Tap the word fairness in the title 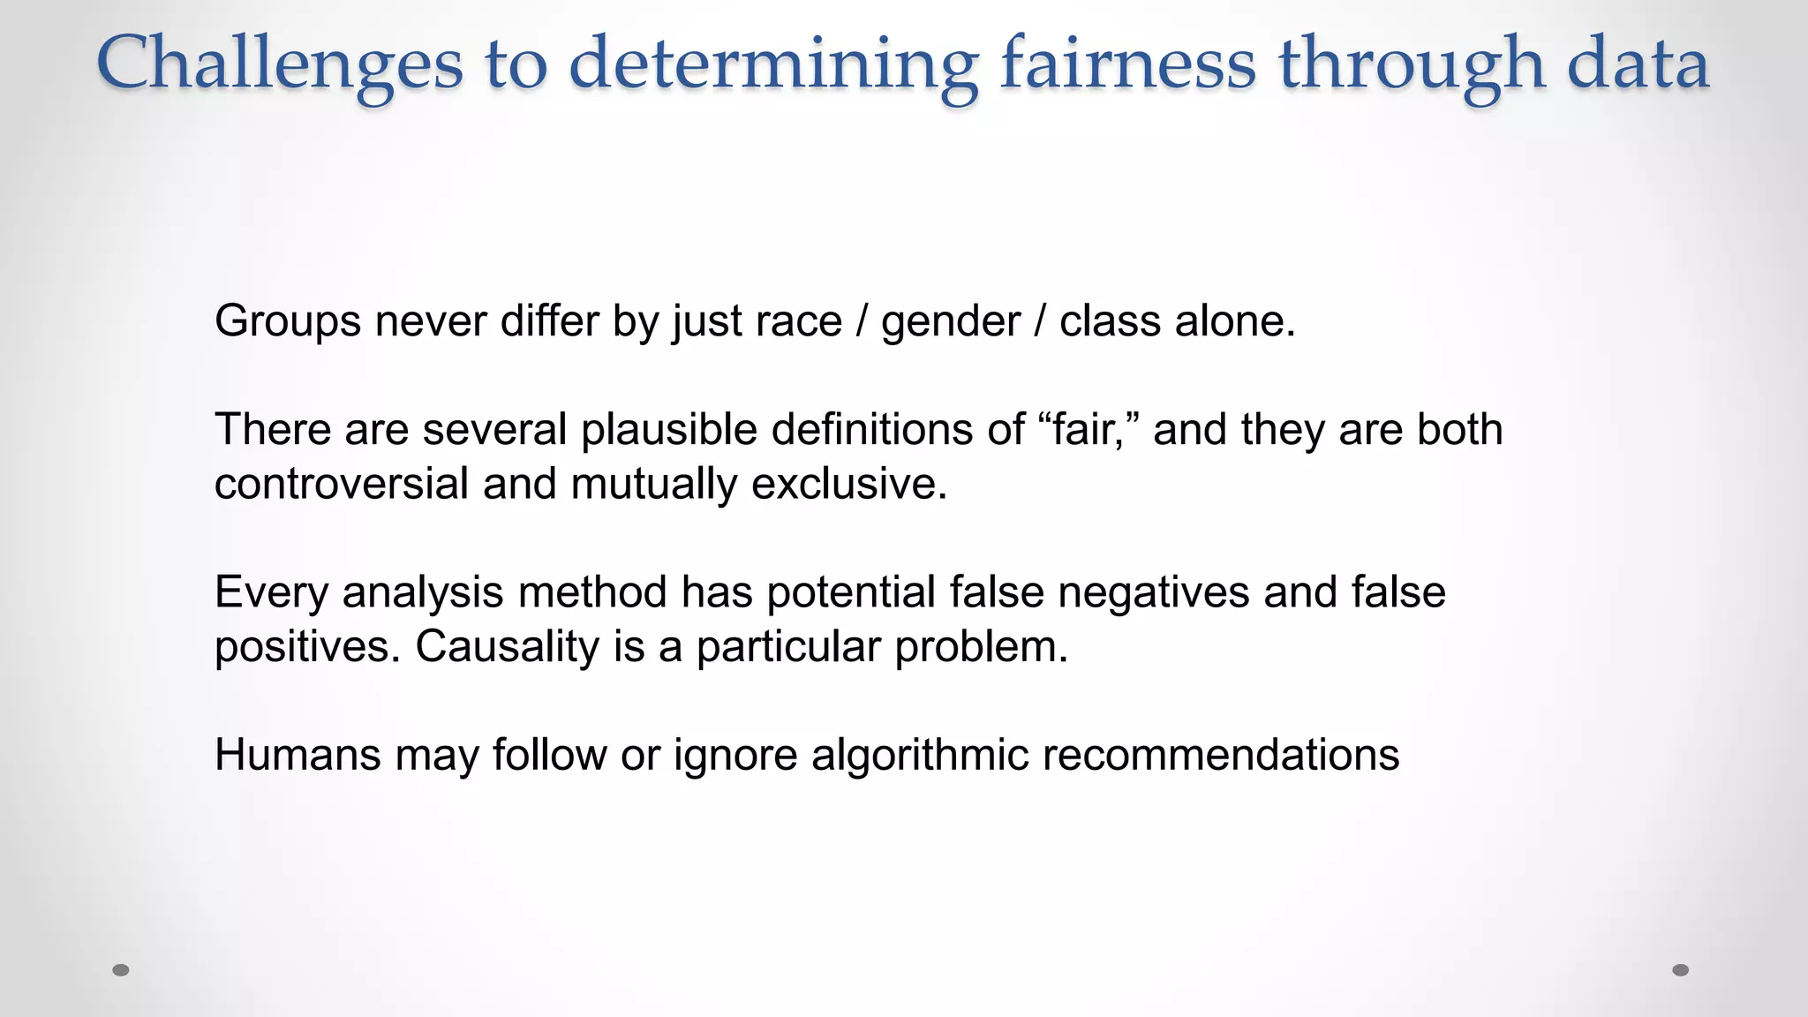click(1127, 64)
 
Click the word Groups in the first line click(288, 321)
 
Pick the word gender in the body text click(951, 321)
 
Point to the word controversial click(342, 485)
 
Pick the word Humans click(298, 756)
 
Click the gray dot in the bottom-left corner click(121, 970)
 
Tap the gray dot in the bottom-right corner click(1681, 970)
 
